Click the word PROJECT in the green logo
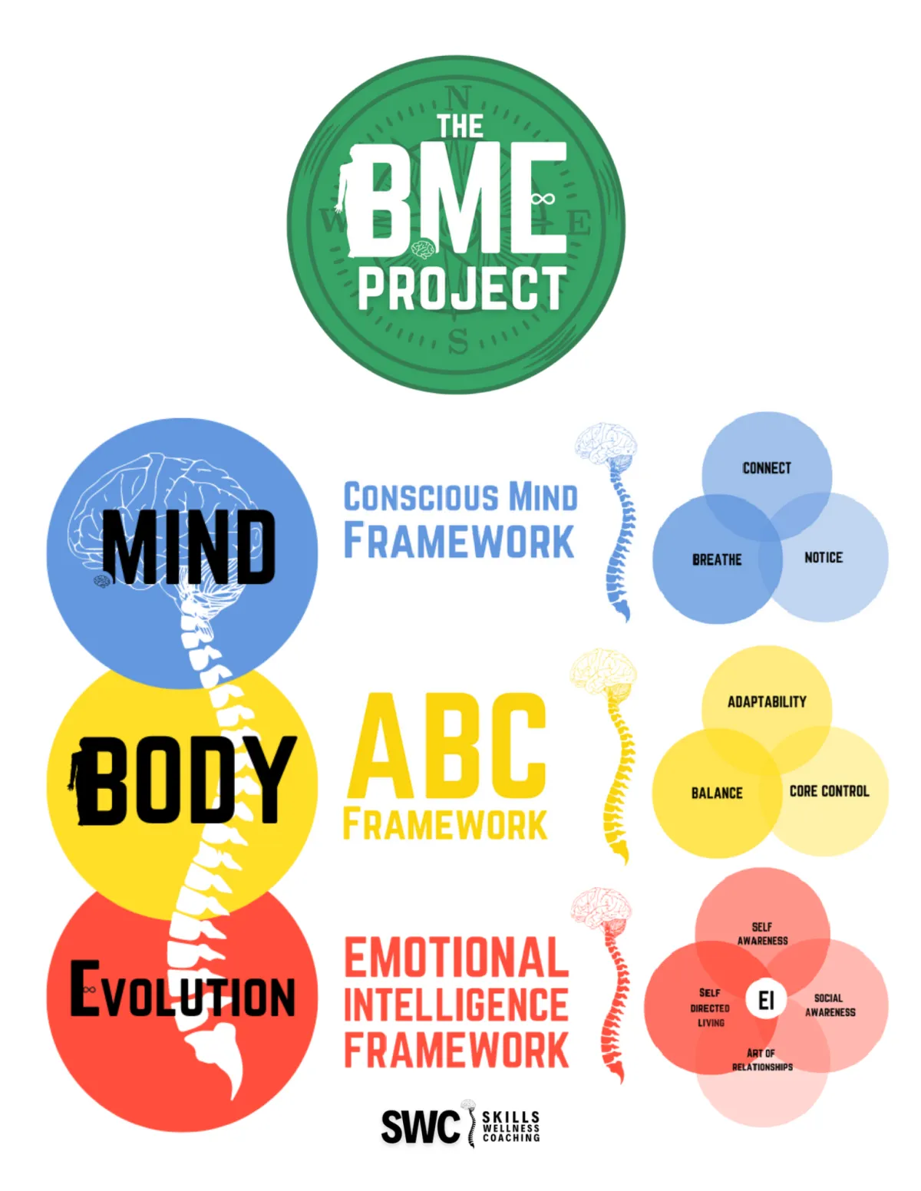(x=462, y=289)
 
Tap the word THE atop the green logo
(x=460, y=127)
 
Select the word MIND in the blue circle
(x=189, y=546)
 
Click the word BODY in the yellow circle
(x=189, y=780)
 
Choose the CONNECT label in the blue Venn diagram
(x=766, y=468)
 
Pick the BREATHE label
(x=717, y=559)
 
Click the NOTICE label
(x=823, y=558)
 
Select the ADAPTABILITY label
(x=767, y=701)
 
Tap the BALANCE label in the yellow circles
(x=717, y=793)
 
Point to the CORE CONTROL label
(x=829, y=791)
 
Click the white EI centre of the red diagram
(x=765, y=1001)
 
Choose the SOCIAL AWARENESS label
(x=830, y=1005)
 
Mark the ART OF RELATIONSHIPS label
(x=762, y=1060)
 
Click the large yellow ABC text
(x=447, y=746)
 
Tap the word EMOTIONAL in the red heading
(x=456, y=958)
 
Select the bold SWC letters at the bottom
(x=420, y=1127)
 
